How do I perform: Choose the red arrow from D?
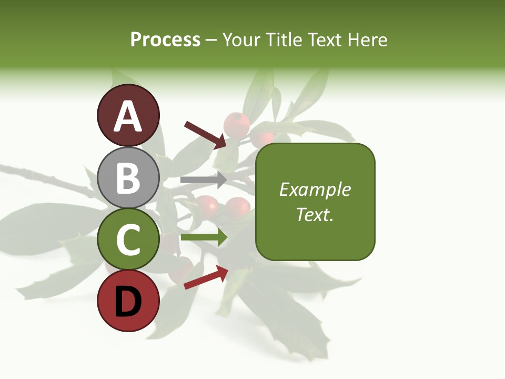coord(206,277)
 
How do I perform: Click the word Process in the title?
coord(165,40)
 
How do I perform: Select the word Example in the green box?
coord(315,189)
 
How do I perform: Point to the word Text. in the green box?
coord(315,214)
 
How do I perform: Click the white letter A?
coord(128,117)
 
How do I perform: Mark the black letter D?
coord(128,302)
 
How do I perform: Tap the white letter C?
coord(128,240)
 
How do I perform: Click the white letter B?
coord(128,178)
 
